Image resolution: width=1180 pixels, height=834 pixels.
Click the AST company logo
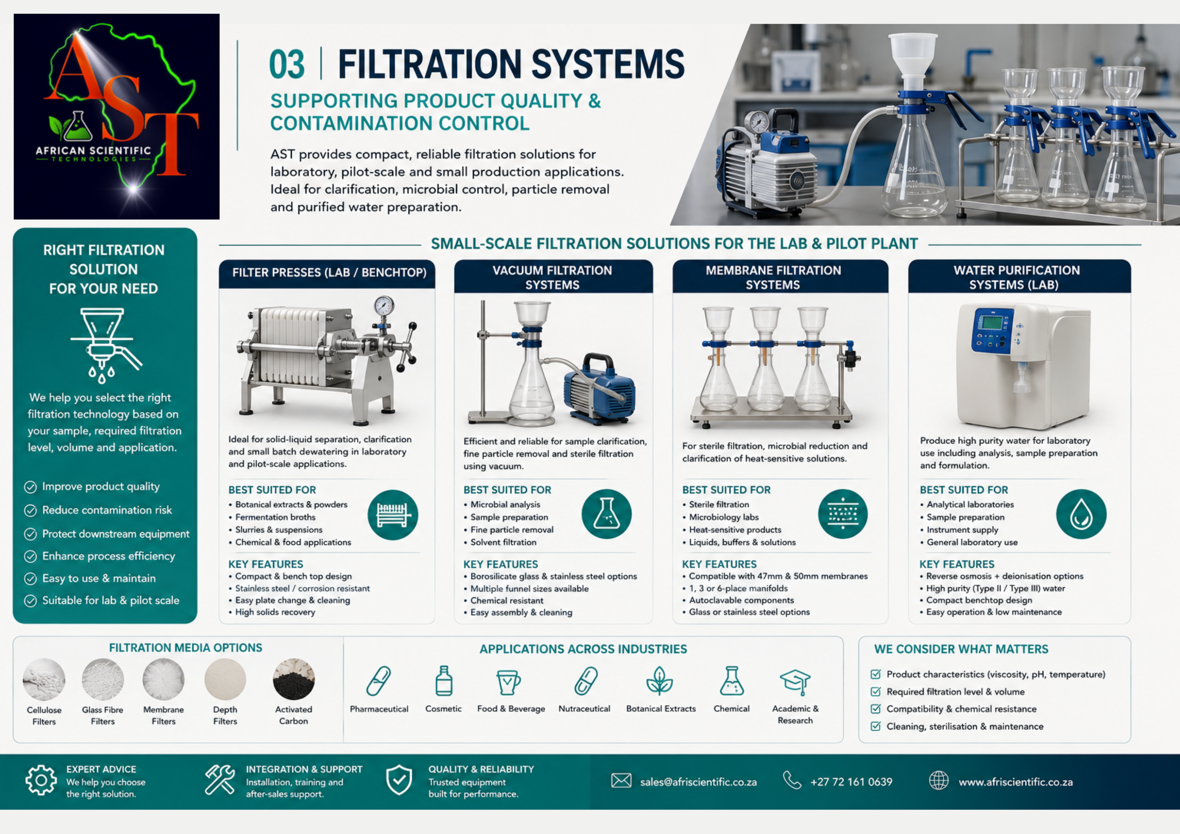(x=117, y=117)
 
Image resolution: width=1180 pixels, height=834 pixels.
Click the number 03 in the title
(x=287, y=65)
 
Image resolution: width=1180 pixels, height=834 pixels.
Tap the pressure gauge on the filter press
(x=384, y=306)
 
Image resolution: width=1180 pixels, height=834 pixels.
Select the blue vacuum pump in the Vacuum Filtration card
(x=599, y=388)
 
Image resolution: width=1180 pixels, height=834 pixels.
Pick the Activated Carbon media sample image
(x=293, y=679)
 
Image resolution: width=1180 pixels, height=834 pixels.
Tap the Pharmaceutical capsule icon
(x=379, y=681)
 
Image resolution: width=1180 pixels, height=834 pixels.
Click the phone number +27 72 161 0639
(x=851, y=782)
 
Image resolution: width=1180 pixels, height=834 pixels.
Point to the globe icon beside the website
(x=938, y=781)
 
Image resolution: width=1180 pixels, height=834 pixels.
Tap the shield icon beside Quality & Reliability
(x=399, y=779)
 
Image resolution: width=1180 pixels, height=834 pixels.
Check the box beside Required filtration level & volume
(x=876, y=692)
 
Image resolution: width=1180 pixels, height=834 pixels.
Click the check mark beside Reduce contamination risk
(x=31, y=510)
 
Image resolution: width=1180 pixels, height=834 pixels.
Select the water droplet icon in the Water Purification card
(x=1081, y=514)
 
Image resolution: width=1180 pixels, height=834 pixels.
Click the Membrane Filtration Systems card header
(x=780, y=276)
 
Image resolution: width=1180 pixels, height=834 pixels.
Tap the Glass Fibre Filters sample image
(x=103, y=679)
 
